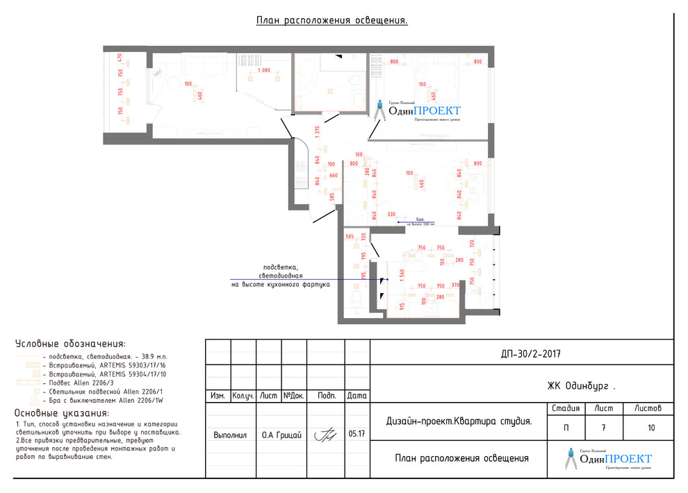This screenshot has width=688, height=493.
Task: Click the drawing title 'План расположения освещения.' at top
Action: coord(331,21)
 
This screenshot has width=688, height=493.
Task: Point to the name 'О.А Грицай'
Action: coord(281,435)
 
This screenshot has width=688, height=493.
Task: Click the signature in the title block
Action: coord(325,435)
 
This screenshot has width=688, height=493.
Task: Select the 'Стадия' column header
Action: coord(565,408)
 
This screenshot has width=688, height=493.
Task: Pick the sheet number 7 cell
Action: coord(603,428)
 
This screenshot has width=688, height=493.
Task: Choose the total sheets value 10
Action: coord(650,428)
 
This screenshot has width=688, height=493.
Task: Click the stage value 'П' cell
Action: coord(565,428)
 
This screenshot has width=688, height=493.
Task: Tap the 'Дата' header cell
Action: coord(357,396)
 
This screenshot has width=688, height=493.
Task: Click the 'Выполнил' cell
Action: coord(230,435)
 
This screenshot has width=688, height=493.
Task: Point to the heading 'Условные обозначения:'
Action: coord(70,344)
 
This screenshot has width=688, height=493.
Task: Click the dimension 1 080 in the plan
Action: coord(263,70)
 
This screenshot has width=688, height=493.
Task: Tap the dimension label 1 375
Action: coord(317,132)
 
